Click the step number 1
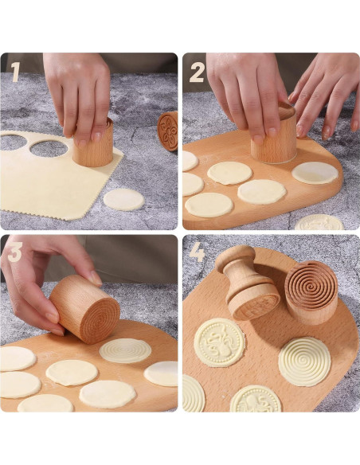pyautogui.click(x=15, y=72)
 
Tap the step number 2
pyautogui.click(x=197, y=72)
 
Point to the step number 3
pyautogui.click(x=14, y=253)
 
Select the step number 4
pyautogui.click(x=197, y=253)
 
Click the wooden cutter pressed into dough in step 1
pyautogui.click(x=94, y=146)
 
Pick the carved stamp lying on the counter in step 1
pyautogui.click(x=167, y=130)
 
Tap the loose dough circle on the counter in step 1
pyautogui.click(x=123, y=199)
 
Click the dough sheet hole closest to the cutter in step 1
pyautogui.click(x=49, y=147)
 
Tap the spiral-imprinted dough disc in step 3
pyautogui.click(x=125, y=350)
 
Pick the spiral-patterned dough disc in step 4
pyautogui.click(x=304, y=361)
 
